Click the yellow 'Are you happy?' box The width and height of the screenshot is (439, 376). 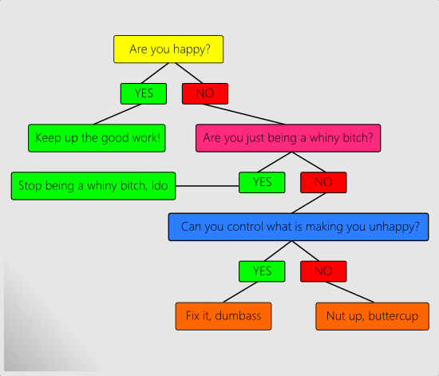(168, 49)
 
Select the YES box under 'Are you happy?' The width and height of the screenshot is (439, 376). (144, 93)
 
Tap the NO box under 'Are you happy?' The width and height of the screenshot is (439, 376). (205, 93)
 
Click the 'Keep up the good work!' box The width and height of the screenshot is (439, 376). (97, 138)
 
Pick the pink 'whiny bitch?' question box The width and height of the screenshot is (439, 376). (288, 138)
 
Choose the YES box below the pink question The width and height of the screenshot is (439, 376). (262, 182)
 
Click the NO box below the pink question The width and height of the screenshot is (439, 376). (323, 182)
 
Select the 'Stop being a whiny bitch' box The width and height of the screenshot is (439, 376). (93, 186)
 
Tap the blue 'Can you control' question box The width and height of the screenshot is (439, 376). (299, 227)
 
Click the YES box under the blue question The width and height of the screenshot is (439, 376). (262, 271)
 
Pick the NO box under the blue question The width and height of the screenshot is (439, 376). (323, 271)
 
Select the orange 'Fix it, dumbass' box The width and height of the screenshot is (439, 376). (223, 316)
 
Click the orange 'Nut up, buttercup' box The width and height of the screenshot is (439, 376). (373, 316)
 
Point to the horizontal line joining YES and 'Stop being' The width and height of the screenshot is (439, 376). (208, 186)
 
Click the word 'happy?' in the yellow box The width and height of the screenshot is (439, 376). (192, 49)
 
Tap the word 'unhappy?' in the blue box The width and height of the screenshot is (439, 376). (394, 227)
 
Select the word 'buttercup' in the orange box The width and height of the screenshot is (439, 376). (393, 316)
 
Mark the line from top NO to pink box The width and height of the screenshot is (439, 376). (243, 114)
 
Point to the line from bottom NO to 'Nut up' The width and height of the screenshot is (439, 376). (350, 292)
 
